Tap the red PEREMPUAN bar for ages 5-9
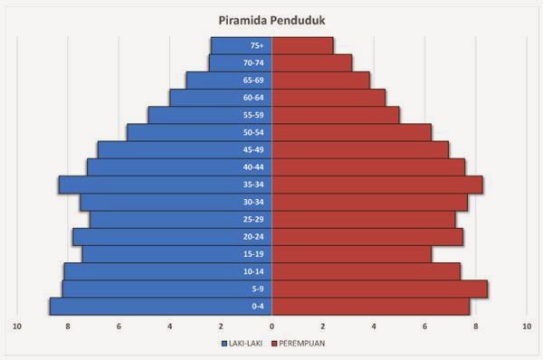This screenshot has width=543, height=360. coord(380,289)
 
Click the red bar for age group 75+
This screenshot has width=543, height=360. coord(302,45)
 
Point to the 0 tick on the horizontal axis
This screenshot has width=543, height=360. coord(271,325)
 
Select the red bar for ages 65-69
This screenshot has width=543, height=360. coord(320,81)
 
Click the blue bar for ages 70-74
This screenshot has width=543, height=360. coord(230,63)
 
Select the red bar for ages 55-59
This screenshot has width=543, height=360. coord(335,115)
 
